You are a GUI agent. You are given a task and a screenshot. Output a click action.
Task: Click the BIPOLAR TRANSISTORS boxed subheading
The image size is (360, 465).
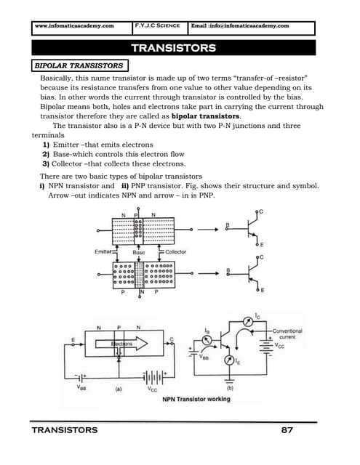click(79, 65)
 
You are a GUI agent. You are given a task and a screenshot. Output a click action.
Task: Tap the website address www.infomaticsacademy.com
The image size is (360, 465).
click(74, 26)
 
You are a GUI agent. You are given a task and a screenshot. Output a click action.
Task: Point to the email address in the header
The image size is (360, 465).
click(240, 26)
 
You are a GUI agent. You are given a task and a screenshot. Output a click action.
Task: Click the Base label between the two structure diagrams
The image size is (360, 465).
click(138, 252)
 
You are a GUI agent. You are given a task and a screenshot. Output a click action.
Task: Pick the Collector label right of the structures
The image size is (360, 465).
click(175, 252)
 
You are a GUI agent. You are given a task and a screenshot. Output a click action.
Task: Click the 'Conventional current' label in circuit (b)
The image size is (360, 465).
click(287, 333)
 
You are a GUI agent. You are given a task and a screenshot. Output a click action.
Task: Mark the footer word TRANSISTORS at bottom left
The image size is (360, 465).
click(65, 430)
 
